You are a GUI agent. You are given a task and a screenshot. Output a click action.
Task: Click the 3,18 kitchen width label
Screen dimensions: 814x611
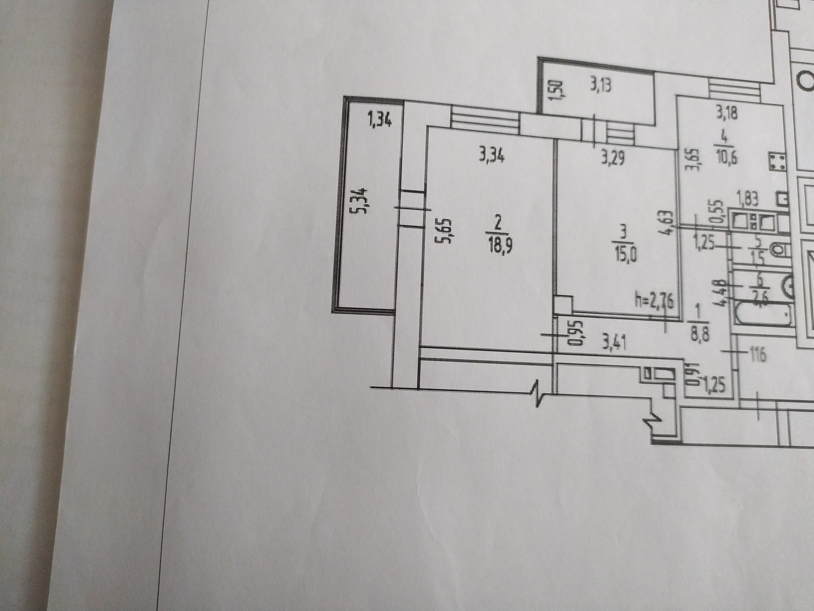(727, 114)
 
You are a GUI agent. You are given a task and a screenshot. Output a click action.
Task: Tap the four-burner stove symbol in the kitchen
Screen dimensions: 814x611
(777, 162)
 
